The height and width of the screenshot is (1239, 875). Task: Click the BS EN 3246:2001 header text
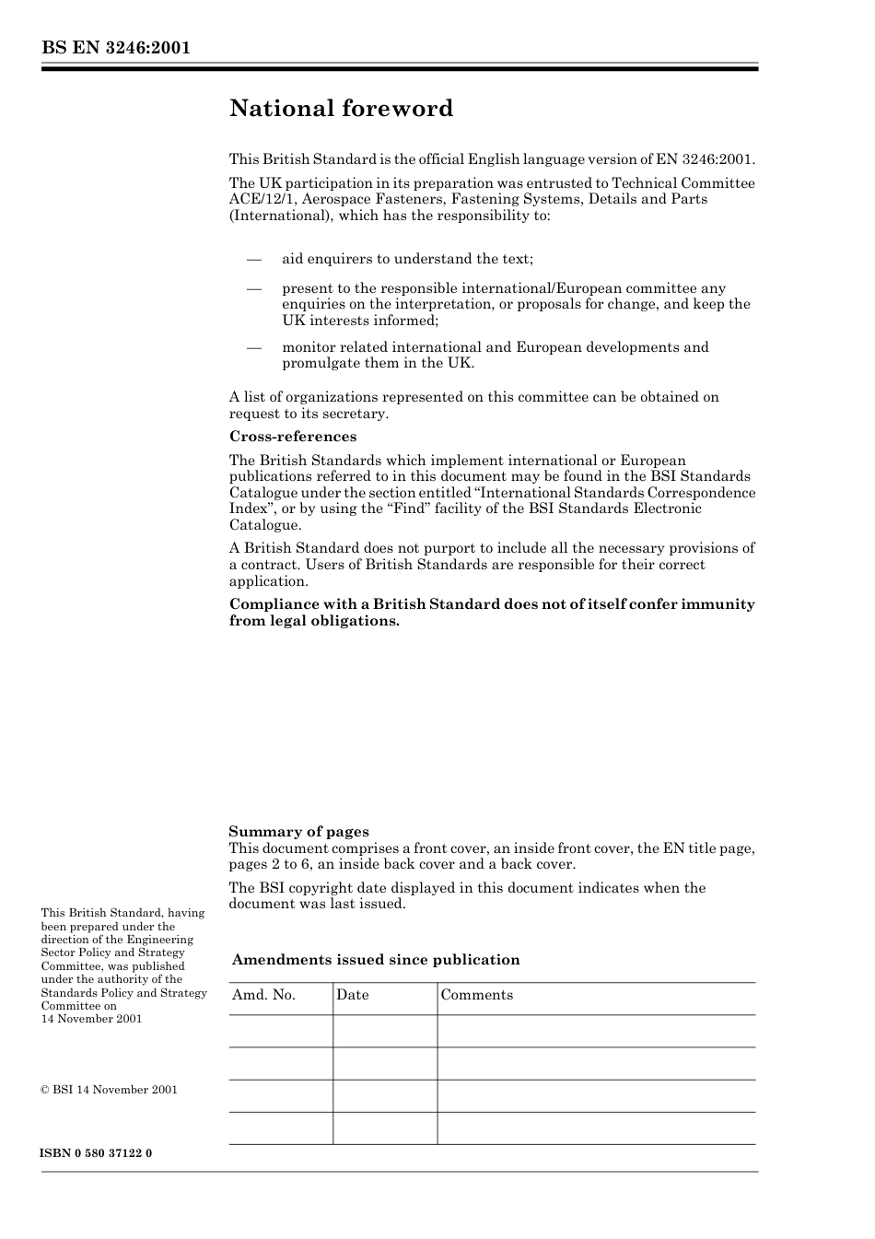coord(115,48)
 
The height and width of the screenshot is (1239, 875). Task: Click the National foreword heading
coord(341,109)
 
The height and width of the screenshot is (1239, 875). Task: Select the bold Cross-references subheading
coord(293,437)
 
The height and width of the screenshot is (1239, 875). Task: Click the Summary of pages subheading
coord(298,832)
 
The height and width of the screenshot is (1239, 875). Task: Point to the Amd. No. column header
coord(263,995)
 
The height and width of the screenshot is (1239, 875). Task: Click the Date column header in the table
coord(352,995)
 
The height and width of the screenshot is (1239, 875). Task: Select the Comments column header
coord(476,995)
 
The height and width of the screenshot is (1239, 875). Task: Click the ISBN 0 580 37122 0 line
coord(97,1153)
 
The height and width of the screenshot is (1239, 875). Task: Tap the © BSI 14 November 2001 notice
coord(109,1090)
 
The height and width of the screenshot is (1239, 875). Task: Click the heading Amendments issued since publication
coord(376,960)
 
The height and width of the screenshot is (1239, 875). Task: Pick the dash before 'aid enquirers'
coord(254,260)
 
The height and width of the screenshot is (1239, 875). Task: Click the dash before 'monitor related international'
coord(254,347)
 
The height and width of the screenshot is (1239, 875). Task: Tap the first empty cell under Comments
coord(596,1031)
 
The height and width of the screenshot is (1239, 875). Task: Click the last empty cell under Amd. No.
coord(280,1128)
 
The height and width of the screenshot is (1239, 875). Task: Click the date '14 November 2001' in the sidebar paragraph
coord(91,1019)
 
